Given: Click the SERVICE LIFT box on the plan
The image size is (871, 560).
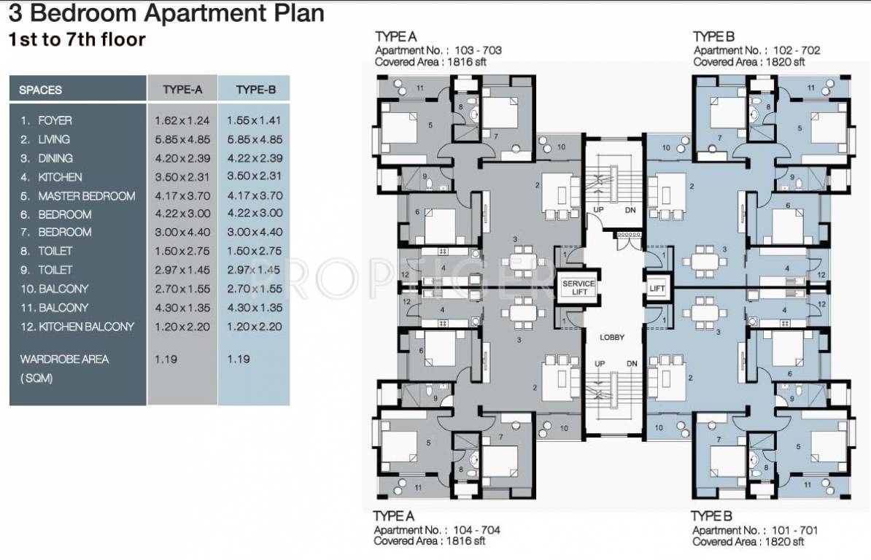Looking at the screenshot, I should point(578,287).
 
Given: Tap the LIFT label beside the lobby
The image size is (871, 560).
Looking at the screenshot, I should point(657,289).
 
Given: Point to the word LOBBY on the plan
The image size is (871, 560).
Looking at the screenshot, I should point(613,338).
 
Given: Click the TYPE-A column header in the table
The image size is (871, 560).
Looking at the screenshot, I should point(182,90).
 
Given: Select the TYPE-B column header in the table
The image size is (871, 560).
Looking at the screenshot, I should point(255,90).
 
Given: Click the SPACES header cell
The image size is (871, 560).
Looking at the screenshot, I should point(41,90).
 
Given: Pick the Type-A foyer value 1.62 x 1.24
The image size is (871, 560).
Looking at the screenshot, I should point(182,120).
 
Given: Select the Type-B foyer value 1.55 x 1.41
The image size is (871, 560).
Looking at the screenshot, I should point(254,120).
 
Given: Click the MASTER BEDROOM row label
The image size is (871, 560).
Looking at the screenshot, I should point(86,196).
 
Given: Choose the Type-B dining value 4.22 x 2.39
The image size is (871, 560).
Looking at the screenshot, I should point(254,158).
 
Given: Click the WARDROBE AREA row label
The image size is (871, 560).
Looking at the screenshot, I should point(64,359).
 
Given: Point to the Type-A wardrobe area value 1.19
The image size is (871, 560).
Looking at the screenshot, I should point(166,359).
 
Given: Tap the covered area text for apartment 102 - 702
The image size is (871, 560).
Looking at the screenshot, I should point(748,62).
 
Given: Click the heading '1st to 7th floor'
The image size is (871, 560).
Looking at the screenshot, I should point(77,39).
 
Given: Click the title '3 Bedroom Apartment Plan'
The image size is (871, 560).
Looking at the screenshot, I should point(166,14).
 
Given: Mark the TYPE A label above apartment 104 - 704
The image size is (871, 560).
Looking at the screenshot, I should point(395,516).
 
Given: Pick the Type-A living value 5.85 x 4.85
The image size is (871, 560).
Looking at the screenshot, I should point(182,139).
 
